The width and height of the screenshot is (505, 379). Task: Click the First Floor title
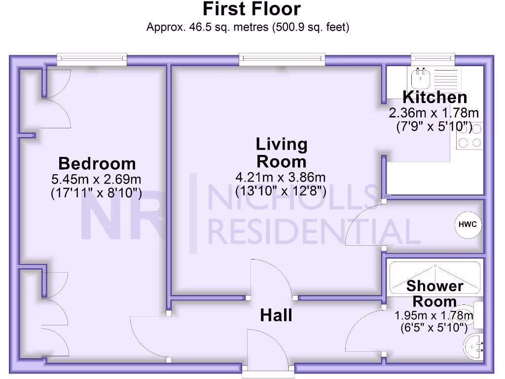[252, 9]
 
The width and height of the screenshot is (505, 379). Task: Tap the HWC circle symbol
[467, 225]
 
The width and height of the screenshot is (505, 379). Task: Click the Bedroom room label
[97, 163]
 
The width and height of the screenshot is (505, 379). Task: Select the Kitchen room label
[434, 97]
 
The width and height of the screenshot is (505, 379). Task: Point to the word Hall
[276, 315]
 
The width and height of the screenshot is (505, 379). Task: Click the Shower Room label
[434, 293]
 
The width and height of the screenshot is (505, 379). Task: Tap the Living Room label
[281, 153]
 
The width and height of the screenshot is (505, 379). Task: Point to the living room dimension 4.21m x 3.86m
[281, 177]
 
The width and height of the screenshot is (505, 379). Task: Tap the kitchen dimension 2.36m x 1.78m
[434, 113]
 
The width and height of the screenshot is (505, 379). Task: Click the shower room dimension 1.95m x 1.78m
[434, 315]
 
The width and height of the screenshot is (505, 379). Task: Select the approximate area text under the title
[248, 27]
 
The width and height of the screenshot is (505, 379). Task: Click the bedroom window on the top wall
[92, 60]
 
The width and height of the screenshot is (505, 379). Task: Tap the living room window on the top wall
[282, 60]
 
